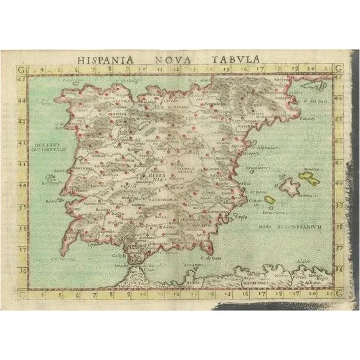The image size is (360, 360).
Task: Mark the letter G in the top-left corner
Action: [x=23, y=69]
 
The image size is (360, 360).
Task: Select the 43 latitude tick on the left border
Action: [x=24, y=79]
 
